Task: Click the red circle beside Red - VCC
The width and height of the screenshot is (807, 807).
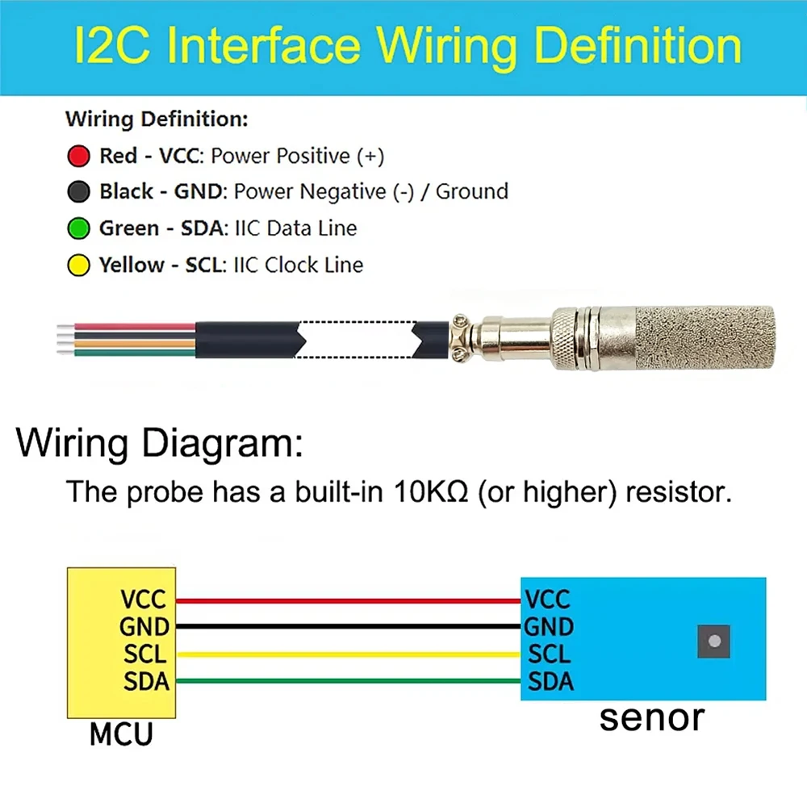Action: click(79, 156)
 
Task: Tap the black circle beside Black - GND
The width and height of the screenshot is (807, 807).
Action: click(79, 191)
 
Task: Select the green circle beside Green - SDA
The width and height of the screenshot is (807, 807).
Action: click(79, 228)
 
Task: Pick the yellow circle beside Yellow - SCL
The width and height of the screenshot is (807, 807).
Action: click(79, 265)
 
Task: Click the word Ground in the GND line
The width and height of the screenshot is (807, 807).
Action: click(472, 191)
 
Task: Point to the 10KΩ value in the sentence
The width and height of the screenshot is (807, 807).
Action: click(431, 491)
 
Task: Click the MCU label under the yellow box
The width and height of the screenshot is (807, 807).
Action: click(122, 734)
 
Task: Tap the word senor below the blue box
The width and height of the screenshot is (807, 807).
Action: click(651, 718)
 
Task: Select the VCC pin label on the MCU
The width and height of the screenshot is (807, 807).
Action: click(143, 599)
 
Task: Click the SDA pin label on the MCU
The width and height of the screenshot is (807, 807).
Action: click(146, 681)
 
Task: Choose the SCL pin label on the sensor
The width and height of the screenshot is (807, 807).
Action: click(549, 654)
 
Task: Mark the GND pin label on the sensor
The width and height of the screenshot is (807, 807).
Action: click(549, 627)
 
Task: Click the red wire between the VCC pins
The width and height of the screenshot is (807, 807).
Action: click(349, 600)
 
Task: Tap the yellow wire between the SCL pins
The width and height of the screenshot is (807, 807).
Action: click(349, 654)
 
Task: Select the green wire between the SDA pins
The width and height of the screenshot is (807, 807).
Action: click(349, 681)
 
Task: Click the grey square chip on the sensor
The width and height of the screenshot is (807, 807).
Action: click(714, 642)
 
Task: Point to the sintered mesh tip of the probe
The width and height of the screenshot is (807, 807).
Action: click(705, 338)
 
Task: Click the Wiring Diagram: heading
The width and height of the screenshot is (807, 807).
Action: click(160, 442)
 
